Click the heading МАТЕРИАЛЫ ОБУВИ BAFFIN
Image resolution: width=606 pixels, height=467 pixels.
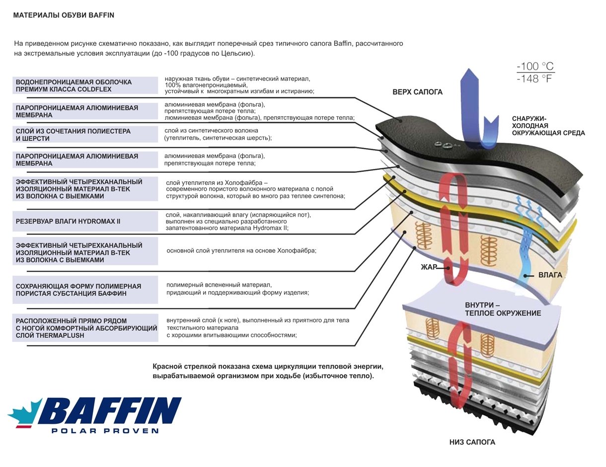[x=64, y=15]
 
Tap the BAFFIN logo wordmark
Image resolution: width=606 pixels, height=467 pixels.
[x=109, y=410]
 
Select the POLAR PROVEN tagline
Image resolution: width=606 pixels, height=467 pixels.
[x=105, y=431]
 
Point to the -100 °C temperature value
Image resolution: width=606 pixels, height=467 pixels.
[x=535, y=67]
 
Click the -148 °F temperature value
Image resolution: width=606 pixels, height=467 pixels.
[x=535, y=78]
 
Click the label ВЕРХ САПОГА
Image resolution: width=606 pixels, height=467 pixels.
[x=417, y=92]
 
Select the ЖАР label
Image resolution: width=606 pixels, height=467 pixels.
[x=428, y=267]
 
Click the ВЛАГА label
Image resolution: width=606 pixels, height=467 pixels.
[x=550, y=275]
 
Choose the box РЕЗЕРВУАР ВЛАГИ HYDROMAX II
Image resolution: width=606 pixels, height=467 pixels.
[x=85, y=221]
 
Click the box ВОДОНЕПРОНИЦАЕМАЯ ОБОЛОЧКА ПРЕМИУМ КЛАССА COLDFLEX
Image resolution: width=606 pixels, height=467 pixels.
[x=85, y=85]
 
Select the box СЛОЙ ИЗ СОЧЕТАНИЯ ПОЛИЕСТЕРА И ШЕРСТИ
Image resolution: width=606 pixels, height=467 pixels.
[x=85, y=135]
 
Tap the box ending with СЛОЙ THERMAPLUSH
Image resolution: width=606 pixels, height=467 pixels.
[x=85, y=328]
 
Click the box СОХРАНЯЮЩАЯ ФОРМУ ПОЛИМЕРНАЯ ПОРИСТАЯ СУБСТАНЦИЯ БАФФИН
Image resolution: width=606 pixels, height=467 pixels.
[x=85, y=290]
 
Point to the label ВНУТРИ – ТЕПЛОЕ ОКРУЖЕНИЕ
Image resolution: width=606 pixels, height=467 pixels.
[x=503, y=309]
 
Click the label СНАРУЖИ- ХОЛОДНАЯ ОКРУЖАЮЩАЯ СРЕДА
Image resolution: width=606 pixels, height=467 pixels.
[x=548, y=126]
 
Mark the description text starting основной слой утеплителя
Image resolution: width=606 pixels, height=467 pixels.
[x=241, y=250]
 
